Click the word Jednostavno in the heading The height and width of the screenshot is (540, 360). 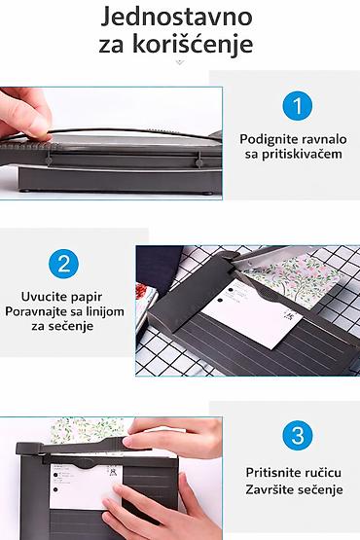(176, 18)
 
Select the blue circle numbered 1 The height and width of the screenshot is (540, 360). (298, 105)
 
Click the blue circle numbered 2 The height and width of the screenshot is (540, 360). (64, 264)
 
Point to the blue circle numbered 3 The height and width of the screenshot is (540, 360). (298, 435)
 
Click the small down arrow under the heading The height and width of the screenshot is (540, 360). (180, 62)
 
